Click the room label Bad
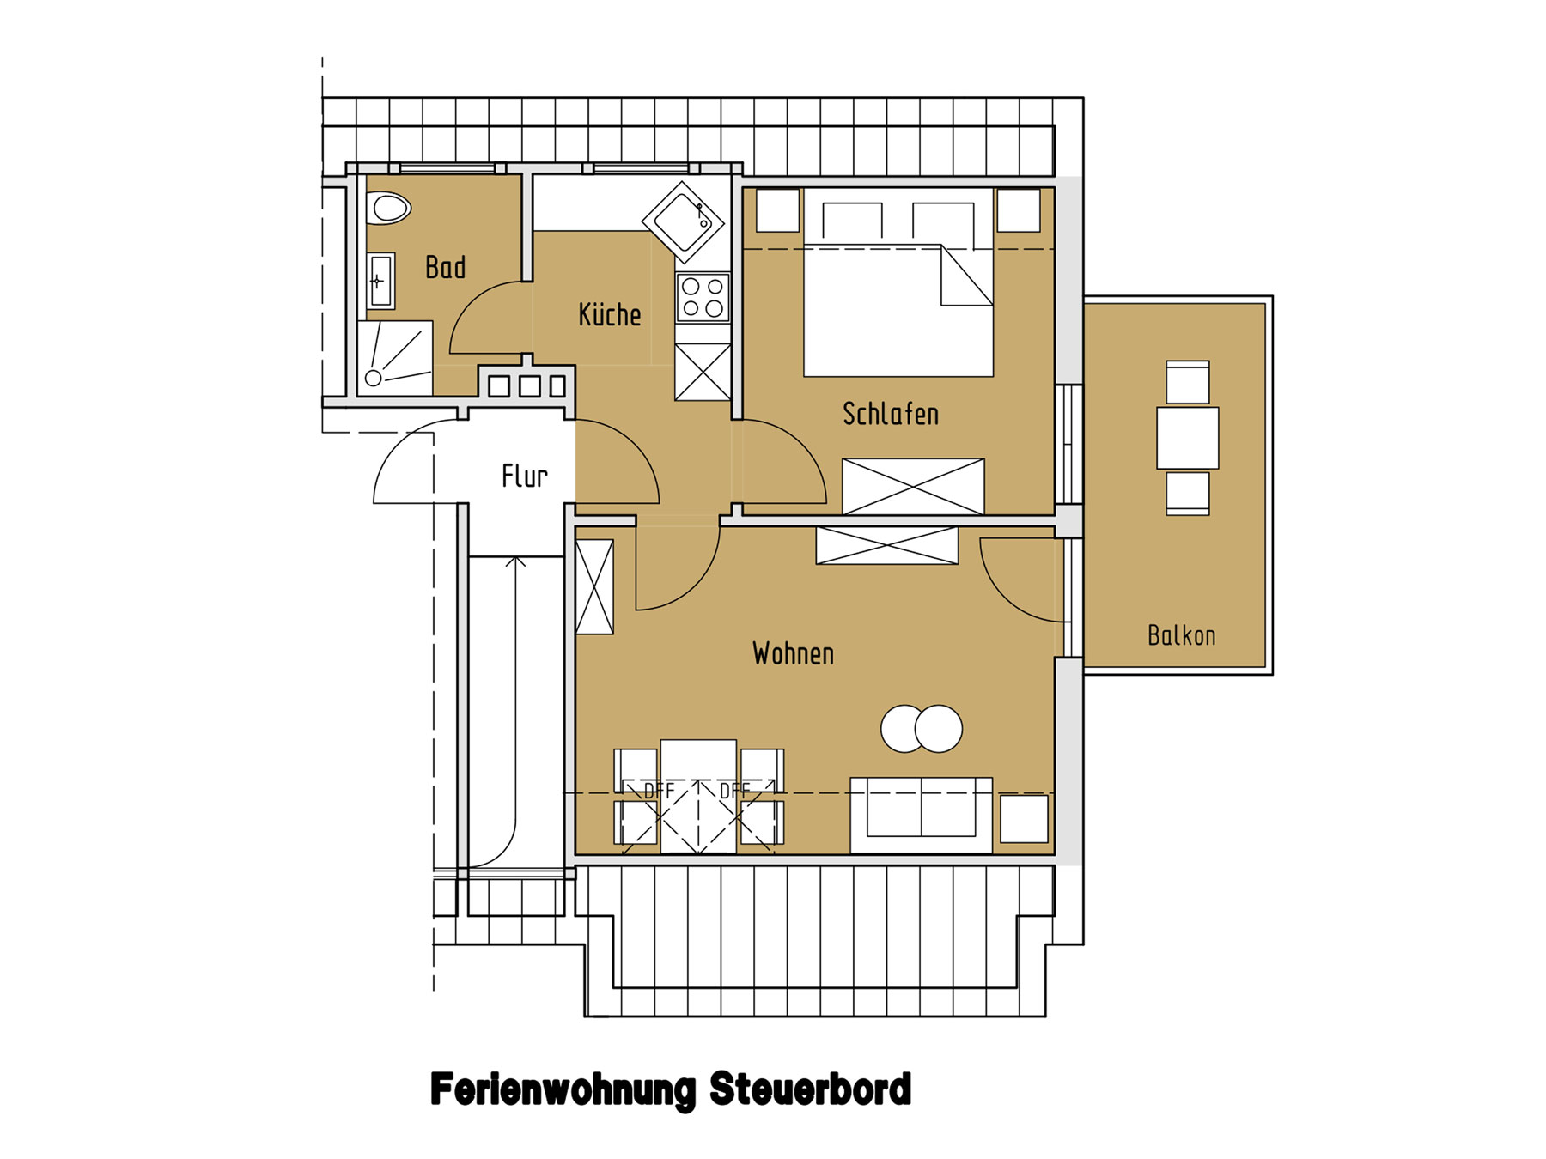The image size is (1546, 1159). point(445,267)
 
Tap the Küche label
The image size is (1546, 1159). point(610,314)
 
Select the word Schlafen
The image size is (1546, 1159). point(891,414)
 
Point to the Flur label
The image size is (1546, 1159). point(525,476)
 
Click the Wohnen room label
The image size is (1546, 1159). point(793,653)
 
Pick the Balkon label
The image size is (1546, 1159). point(1182,635)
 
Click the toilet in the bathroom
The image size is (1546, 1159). point(389,208)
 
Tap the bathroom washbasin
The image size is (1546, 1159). point(380,281)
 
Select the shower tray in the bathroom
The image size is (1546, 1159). point(395,358)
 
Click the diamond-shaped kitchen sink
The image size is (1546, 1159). point(684,222)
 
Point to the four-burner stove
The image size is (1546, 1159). point(703,297)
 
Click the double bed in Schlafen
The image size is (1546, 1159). point(898,282)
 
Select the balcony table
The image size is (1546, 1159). point(1188,438)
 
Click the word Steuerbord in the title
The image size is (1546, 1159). point(810,1089)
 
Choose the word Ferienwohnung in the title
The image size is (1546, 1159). point(563,1091)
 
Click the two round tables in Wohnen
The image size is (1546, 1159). point(922,729)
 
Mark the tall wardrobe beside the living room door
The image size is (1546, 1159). point(594,587)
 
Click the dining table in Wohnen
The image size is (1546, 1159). point(698,796)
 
